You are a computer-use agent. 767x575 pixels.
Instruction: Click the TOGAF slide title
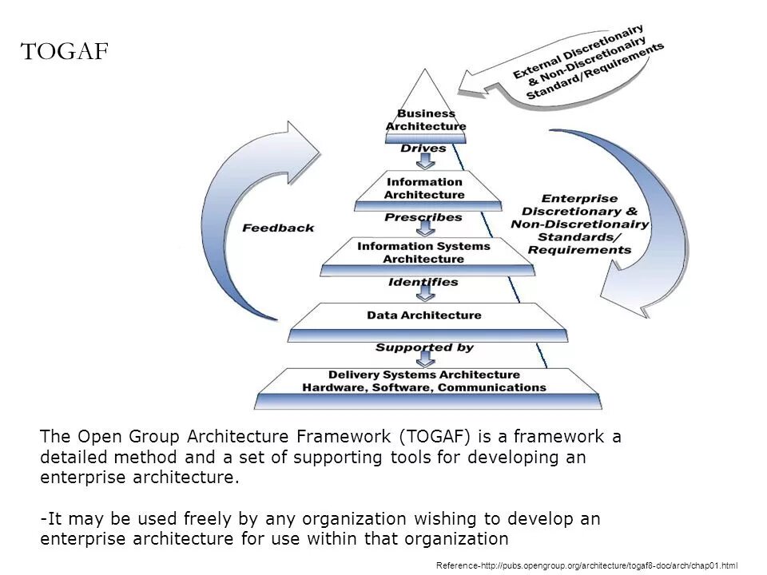coord(63,52)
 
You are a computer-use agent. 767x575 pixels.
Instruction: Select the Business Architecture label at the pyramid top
coord(426,120)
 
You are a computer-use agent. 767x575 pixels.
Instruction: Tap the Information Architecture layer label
coord(424,188)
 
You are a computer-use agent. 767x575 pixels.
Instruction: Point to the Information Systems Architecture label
coord(423,252)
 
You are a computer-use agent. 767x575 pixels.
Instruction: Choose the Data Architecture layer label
coord(424,315)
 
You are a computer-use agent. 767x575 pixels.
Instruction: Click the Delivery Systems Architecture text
coord(424,375)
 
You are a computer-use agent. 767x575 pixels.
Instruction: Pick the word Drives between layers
coord(423,149)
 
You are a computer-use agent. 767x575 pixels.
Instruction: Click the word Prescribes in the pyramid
coord(423,217)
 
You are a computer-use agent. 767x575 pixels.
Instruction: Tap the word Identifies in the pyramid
coord(423,282)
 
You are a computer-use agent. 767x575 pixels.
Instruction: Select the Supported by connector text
coord(424,347)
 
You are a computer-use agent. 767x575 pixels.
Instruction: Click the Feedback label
coord(278,228)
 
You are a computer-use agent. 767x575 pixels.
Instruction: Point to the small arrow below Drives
coord(424,161)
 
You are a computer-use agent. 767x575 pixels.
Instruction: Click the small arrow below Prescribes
coord(424,229)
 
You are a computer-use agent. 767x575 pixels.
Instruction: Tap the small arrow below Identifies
coord(424,295)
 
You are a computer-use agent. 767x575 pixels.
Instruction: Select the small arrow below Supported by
coord(424,360)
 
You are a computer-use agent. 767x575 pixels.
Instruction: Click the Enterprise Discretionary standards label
coord(579,224)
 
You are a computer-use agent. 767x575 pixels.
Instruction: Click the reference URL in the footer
coord(587,565)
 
